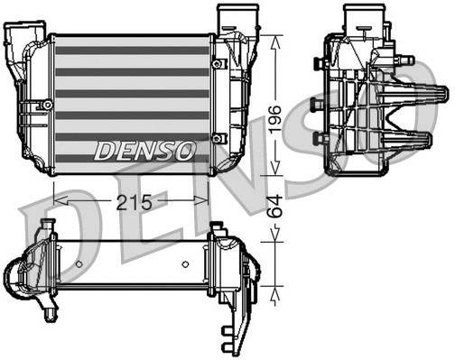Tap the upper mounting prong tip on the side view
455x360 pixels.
(x=441, y=93)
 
